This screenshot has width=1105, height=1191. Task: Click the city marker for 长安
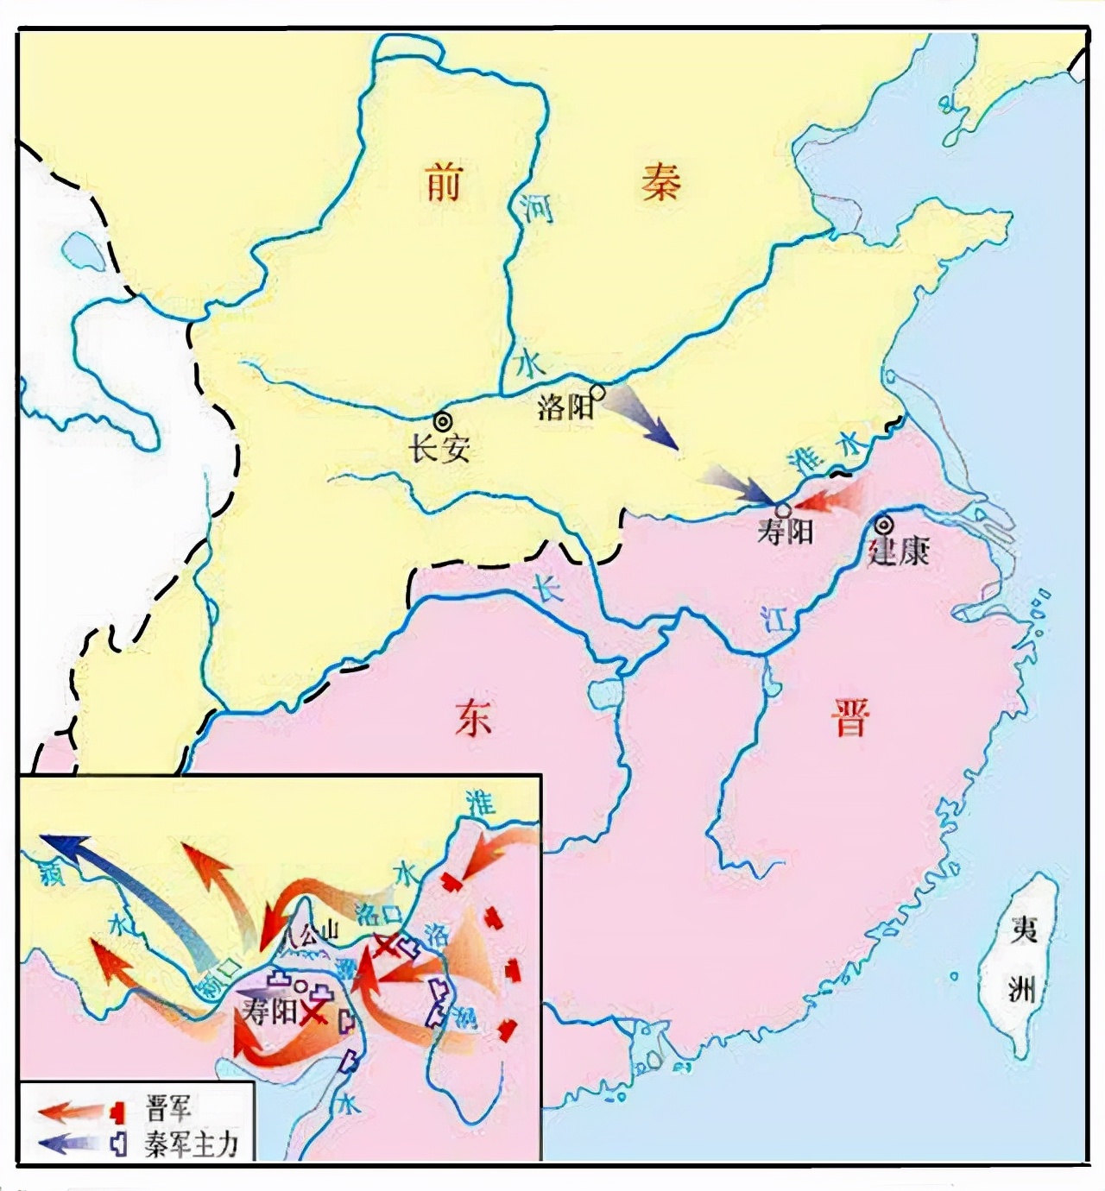443,421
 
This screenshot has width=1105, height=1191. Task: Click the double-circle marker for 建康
884,524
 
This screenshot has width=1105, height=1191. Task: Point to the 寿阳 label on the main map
785,531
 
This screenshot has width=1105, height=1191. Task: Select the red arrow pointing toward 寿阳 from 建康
829,499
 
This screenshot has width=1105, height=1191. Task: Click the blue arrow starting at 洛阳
643,419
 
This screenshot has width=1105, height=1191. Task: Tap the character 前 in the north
444,184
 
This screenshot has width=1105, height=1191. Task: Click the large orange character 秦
660,182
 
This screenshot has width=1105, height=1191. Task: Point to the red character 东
474,717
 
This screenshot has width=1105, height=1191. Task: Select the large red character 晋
850,717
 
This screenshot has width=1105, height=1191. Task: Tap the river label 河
536,208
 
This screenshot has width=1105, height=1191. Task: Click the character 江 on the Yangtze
776,618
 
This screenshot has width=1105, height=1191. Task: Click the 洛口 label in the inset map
377,914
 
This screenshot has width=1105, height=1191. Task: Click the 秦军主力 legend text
191,1144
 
